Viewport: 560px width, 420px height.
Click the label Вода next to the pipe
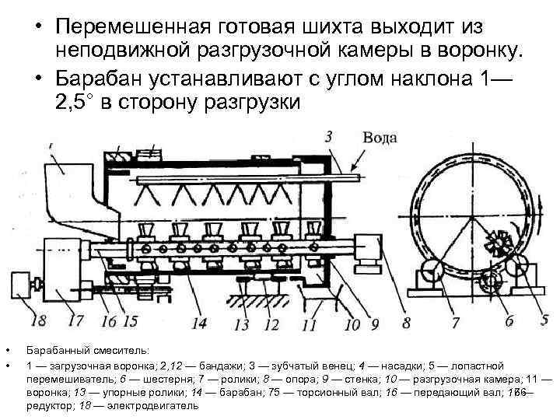coord(380,138)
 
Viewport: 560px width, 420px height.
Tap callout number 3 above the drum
coord(329,136)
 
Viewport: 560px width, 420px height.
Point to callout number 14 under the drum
coord(199,321)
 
